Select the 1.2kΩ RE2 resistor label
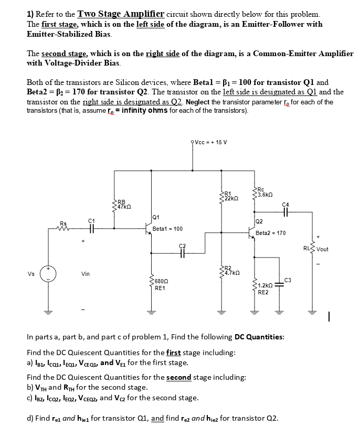[x=264, y=289]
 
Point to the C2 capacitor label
[x=182, y=245]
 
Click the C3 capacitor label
[x=287, y=279]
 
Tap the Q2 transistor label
[x=259, y=221]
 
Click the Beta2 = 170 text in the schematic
[x=270, y=233]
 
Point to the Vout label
[x=322, y=249]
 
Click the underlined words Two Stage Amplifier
[x=115, y=14]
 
